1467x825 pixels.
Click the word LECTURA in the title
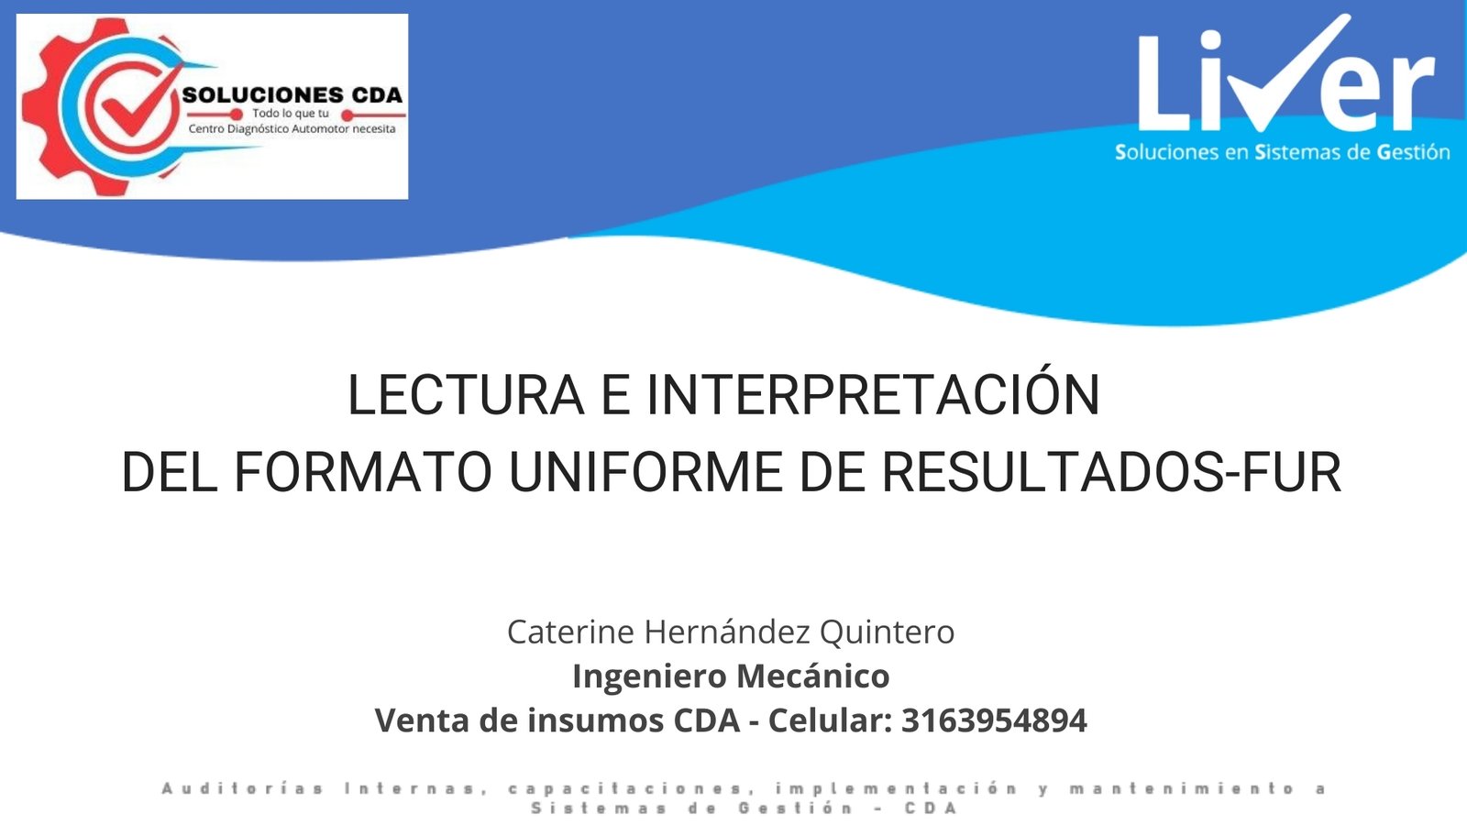[x=465, y=396]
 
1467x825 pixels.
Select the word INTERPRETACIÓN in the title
[x=873, y=396]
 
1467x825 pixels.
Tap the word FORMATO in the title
[x=363, y=473]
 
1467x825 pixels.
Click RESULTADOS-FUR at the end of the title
[x=1111, y=473]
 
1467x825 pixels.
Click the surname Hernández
[x=726, y=632]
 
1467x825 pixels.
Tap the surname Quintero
[x=887, y=632]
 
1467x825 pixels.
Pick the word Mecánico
[x=812, y=676]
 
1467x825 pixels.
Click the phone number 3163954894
[x=994, y=720]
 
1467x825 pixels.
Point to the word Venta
[x=423, y=720]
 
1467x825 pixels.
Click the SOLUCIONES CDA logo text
[x=292, y=95]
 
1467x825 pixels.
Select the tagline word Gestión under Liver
[x=1413, y=152]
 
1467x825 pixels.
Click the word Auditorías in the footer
[x=242, y=788]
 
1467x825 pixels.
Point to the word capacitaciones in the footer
[x=627, y=788]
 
